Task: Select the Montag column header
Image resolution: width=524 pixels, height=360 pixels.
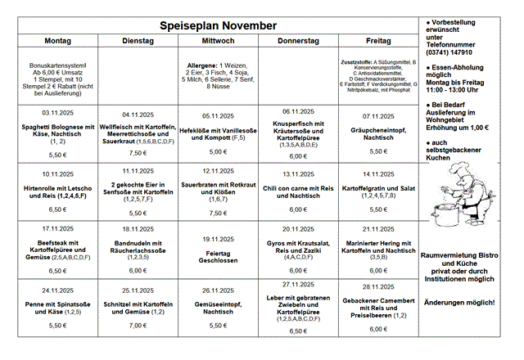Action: tap(57, 41)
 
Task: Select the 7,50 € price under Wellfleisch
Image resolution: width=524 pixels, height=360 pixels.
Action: tap(138, 152)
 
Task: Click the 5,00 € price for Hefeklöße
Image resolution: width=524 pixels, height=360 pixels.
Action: tap(218, 151)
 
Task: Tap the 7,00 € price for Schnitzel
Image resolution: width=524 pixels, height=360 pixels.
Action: tap(138, 325)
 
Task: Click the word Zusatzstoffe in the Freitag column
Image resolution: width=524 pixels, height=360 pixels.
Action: tap(356, 61)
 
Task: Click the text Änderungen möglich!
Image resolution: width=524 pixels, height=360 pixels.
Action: tap(458, 303)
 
